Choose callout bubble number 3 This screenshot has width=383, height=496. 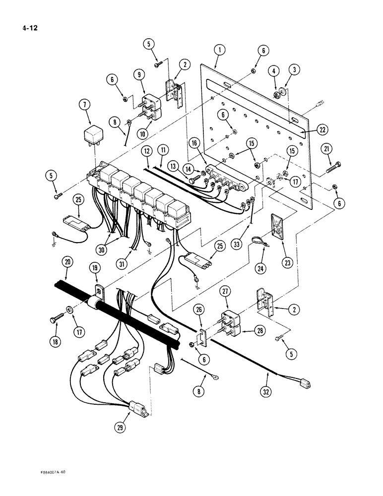coord(294,70)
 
